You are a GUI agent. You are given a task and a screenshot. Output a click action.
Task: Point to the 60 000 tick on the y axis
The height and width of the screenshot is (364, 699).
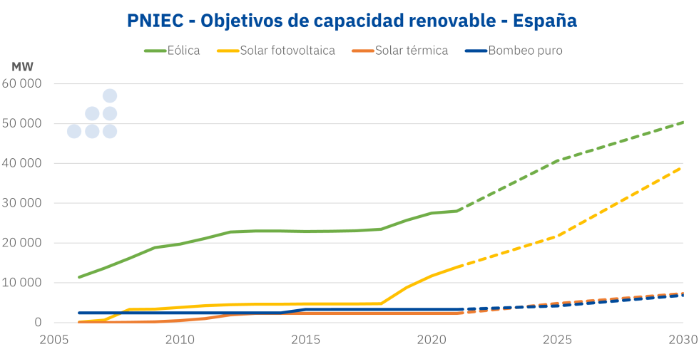coord(22,83)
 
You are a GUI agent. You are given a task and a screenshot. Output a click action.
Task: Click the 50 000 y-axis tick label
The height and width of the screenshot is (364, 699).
coord(22,123)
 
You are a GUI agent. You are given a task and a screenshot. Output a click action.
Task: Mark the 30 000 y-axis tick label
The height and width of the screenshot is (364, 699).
coord(22,203)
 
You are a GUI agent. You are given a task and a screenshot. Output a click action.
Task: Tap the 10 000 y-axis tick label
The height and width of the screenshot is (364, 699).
coord(22,283)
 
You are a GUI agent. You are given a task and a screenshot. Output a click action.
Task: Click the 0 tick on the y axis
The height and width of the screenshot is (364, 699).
coord(38,323)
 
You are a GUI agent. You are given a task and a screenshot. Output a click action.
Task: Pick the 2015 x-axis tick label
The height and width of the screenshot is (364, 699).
coord(306,341)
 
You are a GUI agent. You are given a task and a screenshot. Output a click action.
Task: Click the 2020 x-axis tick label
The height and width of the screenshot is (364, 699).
coord(432,341)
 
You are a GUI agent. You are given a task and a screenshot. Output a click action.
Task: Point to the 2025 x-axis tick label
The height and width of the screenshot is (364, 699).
coord(557,341)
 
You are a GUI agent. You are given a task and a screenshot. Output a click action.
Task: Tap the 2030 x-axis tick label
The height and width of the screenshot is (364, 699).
coord(683,341)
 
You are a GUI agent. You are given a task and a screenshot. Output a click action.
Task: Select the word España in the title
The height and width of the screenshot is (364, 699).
coord(544,21)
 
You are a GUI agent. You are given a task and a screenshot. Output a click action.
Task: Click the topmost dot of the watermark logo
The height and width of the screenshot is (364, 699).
coord(110,96)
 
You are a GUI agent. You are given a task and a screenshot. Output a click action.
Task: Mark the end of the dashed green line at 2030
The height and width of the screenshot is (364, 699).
coord(683,123)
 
